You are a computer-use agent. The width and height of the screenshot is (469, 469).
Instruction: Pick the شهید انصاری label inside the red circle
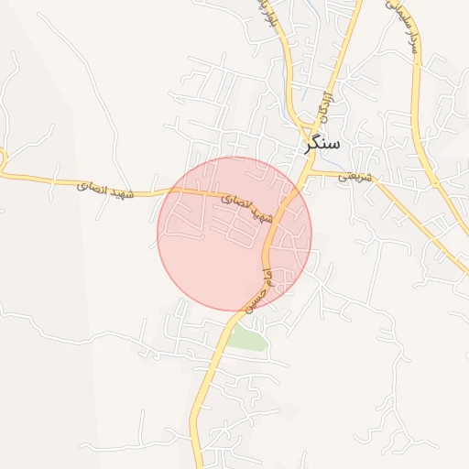pos(249,207)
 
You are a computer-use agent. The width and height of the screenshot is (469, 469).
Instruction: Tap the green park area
pos(247,338)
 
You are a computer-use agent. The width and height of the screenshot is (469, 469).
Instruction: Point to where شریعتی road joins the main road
pos(310,171)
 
